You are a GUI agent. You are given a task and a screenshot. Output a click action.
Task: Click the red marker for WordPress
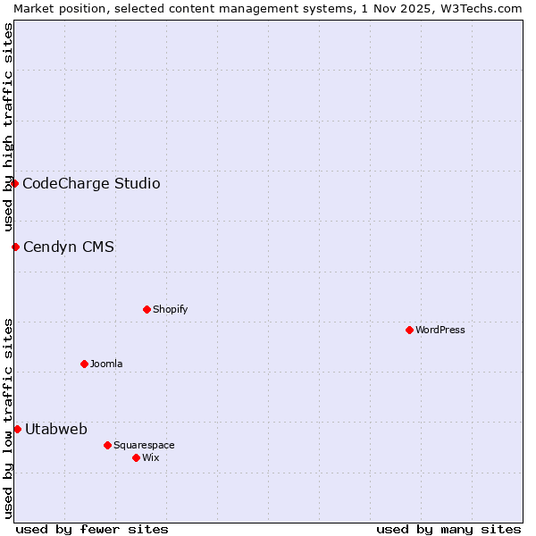coord(409,330)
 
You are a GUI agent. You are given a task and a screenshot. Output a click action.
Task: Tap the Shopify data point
coord(147,309)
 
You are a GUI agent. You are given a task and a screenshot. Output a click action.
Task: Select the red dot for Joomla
coord(84,364)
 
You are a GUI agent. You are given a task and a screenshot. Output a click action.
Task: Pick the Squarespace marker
coord(107,445)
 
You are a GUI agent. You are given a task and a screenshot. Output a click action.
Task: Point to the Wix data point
coord(136,457)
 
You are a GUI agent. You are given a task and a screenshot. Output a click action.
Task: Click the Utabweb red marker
coord(17,429)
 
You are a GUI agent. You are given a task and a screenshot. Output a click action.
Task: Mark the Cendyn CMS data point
coord(15,247)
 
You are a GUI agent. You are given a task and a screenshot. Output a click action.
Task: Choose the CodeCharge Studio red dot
coord(14,183)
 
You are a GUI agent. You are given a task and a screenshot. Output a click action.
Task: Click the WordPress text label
coord(440,330)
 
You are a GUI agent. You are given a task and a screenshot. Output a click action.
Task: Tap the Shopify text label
coord(170,309)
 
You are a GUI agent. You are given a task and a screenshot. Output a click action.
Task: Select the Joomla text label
coord(106,364)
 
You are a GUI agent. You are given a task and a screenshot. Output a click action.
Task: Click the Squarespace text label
coord(144,445)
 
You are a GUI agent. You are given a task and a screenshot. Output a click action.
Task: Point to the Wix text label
coord(151,457)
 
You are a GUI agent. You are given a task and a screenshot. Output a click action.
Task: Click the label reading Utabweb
coord(56,429)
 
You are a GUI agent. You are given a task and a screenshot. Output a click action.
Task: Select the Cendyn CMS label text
coord(69,247)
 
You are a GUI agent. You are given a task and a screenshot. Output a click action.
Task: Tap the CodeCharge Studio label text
coord(91,183)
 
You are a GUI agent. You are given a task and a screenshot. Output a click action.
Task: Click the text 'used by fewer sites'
coord(92,529)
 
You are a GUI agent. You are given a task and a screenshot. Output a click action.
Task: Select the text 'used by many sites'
coord(448,529)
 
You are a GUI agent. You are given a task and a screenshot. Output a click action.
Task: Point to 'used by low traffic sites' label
coord(8,417)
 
